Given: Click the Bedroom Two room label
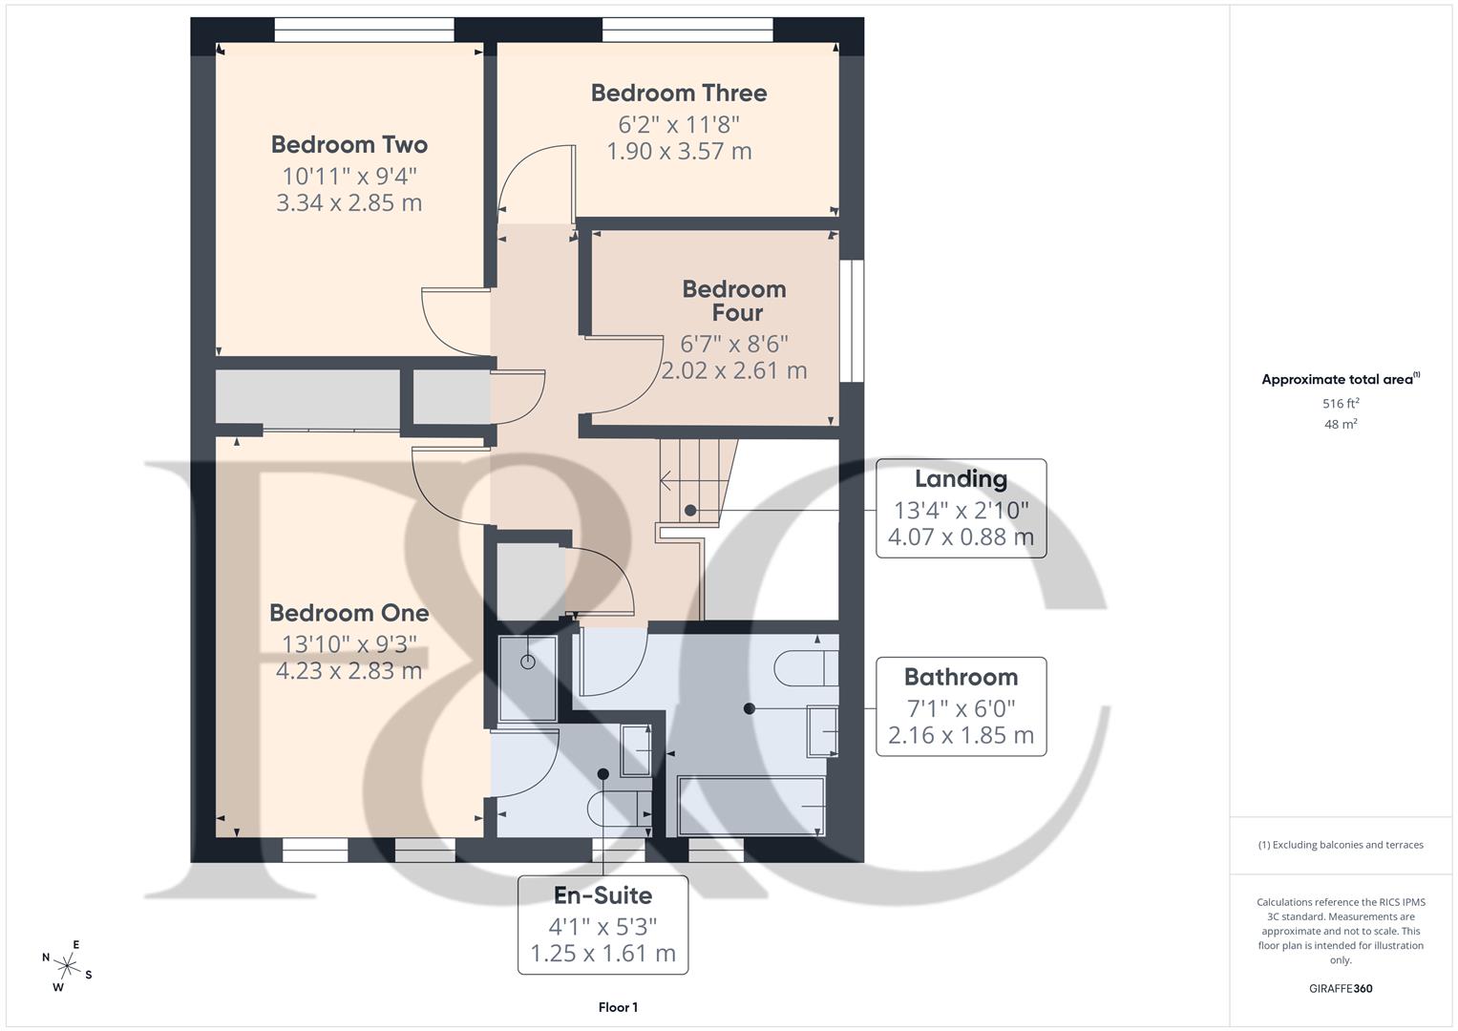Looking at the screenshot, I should pyautogui.click(x=349, y=145).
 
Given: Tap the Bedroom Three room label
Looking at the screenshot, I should pyautogui.click(x=678, y=94).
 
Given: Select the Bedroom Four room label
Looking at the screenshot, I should pyautogui.click(x=734, y=301).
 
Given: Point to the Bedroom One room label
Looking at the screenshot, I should pyautogui.click(x=349, y=613).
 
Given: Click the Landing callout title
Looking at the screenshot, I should pyautogui.click(x=961, y=479).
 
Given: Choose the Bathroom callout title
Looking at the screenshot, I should pyautogui.click(x=961, y=678).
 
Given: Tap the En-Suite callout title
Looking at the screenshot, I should pyautogui.click(x=602, y=895).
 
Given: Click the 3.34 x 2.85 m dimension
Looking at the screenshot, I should pyautogui.click(x=349, y=203).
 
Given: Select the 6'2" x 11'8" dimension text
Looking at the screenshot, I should pyautogui.click(x=678, y=124).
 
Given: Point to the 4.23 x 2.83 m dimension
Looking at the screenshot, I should pyautogui.click(x=349, y=671).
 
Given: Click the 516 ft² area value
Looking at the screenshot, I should pyautogui.click(x=1341, y=404).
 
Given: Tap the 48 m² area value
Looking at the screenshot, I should pyautogui.click(x=1341, y=425).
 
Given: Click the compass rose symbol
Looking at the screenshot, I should pyautogui.click(x=67, y=965).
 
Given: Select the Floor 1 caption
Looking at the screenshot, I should pyautogui.click(x=618, y=1007).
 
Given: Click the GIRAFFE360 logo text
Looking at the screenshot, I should pyautogui.click(x=1341, y=988).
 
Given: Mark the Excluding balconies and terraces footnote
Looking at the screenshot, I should pyautogui.click(x=1341, y=845).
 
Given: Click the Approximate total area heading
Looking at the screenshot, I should pyautogui.click(x=1339, y=380).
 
